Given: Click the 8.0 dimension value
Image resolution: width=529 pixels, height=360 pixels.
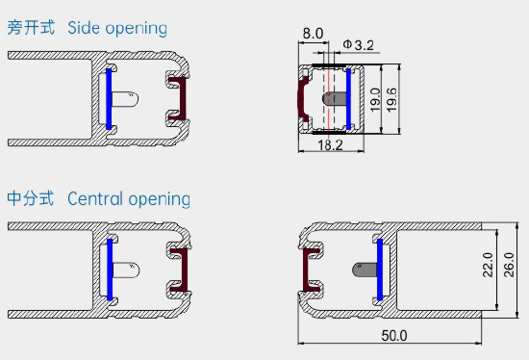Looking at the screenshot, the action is (313, 34).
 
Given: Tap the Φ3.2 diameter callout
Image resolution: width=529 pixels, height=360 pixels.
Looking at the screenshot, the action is (359, 45).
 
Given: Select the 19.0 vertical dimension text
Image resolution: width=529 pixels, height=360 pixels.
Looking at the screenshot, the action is (375, 99).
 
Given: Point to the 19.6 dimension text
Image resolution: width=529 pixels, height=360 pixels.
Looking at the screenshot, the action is (391, 100).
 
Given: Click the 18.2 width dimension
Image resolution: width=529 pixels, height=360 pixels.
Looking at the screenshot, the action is (330, 145).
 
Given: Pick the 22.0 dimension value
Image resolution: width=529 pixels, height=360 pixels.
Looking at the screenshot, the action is (488, 265).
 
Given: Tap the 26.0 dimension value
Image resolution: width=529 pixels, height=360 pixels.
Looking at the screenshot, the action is (509, 265).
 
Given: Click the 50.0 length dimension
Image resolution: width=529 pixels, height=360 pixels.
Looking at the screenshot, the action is (394, 335).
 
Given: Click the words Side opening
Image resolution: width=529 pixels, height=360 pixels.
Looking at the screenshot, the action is (117, 28).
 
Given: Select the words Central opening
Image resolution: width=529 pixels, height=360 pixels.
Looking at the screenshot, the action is (129, 199).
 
